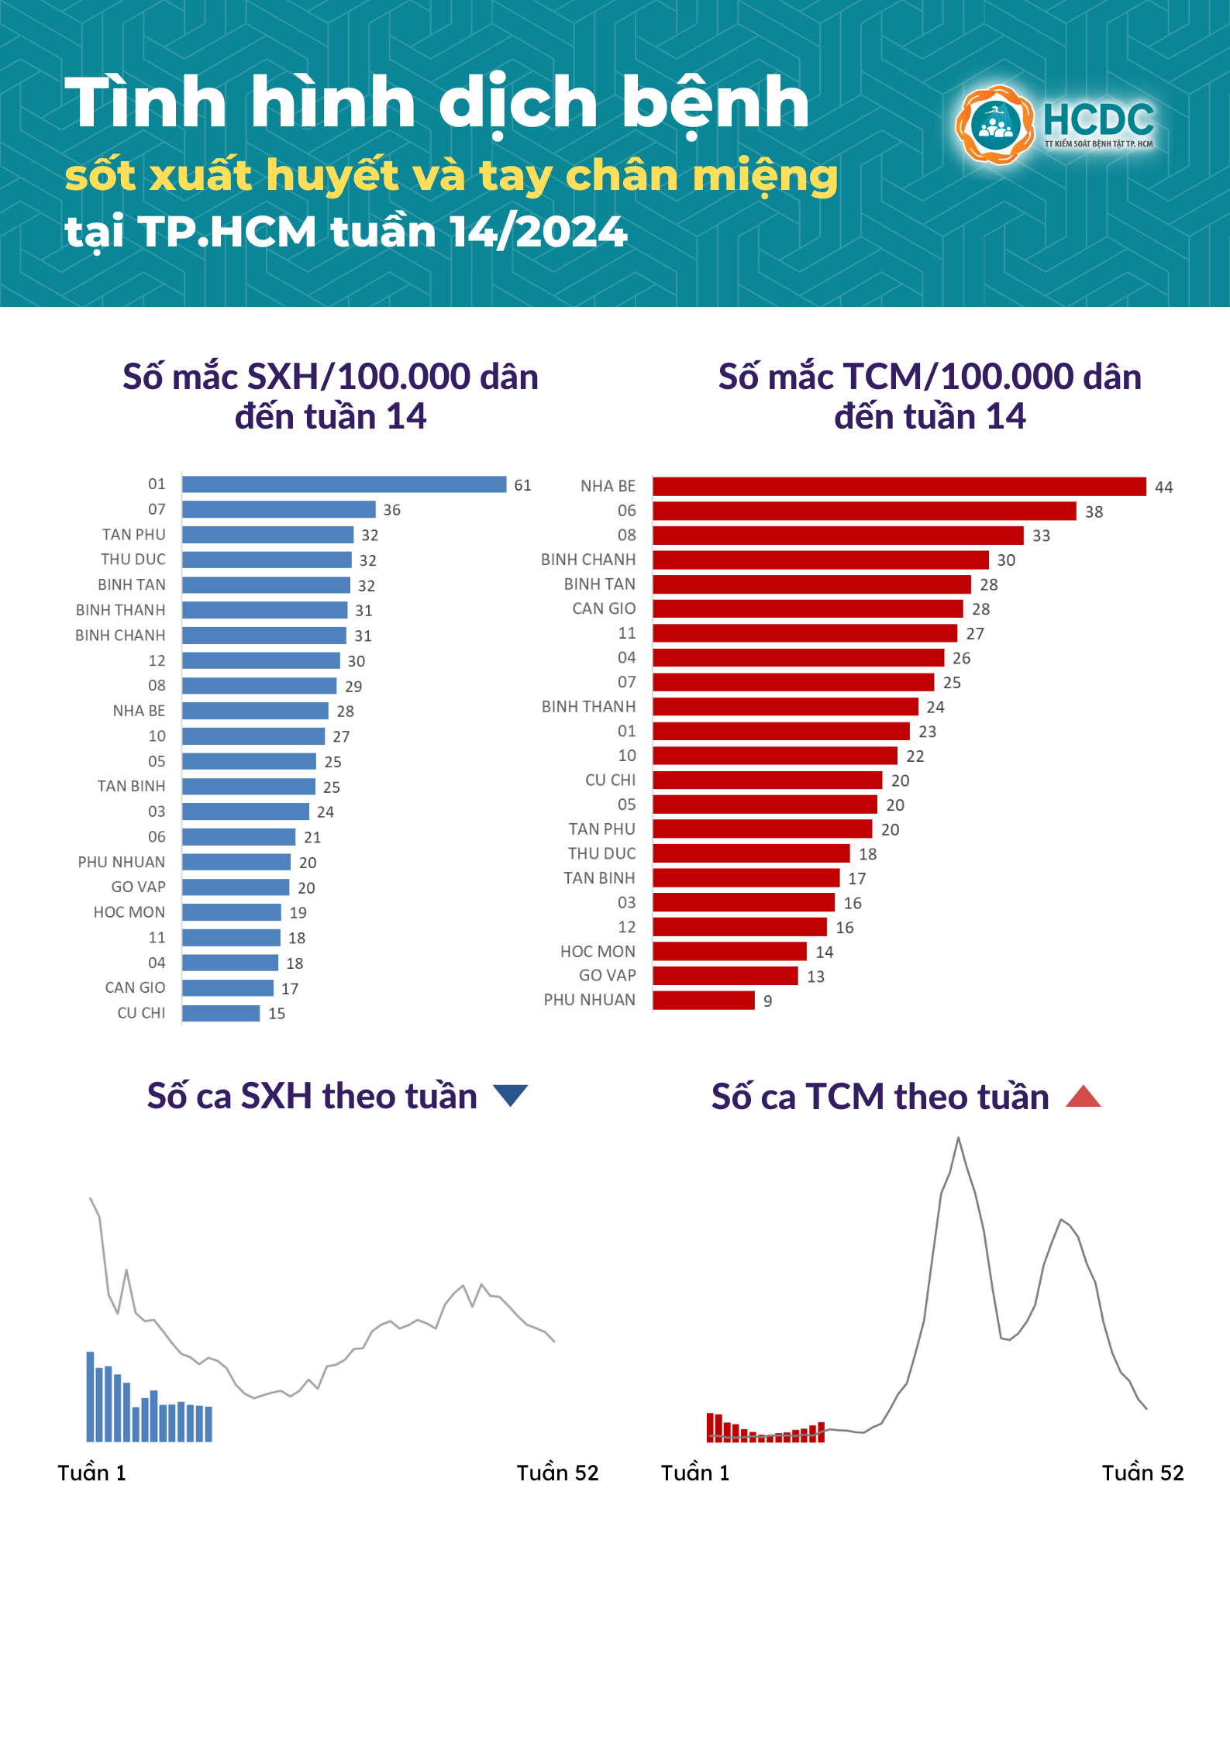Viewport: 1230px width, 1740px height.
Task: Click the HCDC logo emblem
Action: pyautogui.click(x=994, y=125)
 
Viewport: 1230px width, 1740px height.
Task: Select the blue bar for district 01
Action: pyautogui.click(x=344, y=484)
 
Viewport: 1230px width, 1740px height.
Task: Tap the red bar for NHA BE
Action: pyautogui.click(x=899, y=487)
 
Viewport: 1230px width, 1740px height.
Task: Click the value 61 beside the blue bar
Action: pyautogui.click(x=523, y=485)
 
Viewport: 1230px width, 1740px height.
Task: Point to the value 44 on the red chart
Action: pyautogui.click(x=1163, y=488)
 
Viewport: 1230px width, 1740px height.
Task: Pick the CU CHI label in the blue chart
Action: pyautogui.click(x=141, y=1013)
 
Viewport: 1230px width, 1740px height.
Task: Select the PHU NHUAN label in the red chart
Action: pyautogui.click(x=589, y=1000)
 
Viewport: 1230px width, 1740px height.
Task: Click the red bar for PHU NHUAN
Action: pyautogui.click(x=704, y=1001)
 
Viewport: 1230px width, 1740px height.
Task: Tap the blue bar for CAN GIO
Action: pyautogui.click(x=228, y=988)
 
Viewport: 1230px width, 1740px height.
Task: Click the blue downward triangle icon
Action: pyautogui.click(x=510, y=1094)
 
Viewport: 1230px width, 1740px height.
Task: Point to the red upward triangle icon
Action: pyautogui.click(x=1083, y=1097)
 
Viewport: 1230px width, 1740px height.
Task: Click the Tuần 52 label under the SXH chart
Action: pyautogui.click(x=557, y=1473)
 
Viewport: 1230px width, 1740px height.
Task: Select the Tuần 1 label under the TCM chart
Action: pyautogui.click(x=695, y=1473)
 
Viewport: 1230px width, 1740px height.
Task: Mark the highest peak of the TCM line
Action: pyautogui.click(x=958, y=1139)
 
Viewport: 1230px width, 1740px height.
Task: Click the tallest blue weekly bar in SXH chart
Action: pyautogui.click(x=90, y=1397)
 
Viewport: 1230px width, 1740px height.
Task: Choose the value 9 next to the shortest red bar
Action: pyautogui.click(x=767, y=1001)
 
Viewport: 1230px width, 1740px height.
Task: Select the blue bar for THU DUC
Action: pyautogui.click(x=267, y=560)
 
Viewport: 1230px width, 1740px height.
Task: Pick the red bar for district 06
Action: pyautogui.click(x=864, y=512)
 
